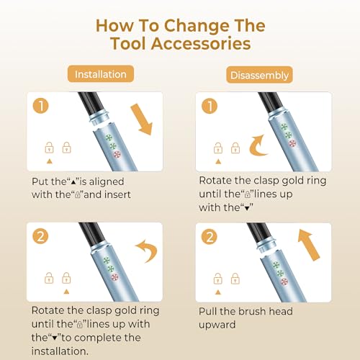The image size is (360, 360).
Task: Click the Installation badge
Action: (101, 74)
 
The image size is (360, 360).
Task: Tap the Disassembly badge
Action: (259, 75)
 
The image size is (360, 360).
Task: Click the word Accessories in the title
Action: (201, 44)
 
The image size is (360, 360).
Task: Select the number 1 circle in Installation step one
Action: (41, 106)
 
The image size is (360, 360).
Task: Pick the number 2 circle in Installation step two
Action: (40, 236)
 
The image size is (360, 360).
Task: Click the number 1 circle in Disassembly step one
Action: (210, 106)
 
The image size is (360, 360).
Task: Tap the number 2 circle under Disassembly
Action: (210, 237)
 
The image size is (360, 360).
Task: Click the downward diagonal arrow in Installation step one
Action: (142, 120)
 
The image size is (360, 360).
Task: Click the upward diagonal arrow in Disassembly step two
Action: (308, 245)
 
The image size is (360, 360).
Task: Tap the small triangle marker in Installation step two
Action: (66, 292)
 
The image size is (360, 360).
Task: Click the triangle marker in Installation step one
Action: (50, 161)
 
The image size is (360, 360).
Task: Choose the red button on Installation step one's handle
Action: (117, 154)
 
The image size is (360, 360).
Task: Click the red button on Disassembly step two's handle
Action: (284, 282)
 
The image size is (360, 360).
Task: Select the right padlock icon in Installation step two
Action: (66, 278)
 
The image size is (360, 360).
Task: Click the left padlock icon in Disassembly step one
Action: (218, 148)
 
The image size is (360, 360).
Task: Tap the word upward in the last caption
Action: (217, 325)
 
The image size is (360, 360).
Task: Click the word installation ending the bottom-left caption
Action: (60, 351)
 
